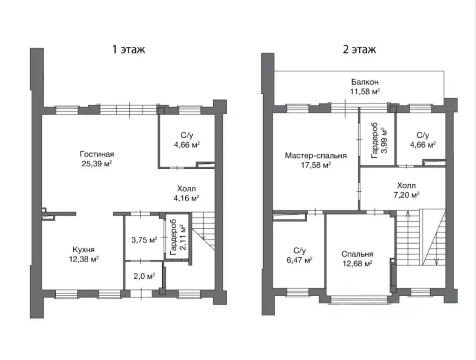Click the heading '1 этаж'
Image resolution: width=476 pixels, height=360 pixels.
pyautogui.click(x=128, y=49)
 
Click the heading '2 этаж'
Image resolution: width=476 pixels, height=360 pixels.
pyautogui.click(x=359, y=49)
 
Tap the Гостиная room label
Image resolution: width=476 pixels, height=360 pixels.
pyautogui.click(x=97, y=154)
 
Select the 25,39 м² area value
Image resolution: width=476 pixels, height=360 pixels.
pyautogui.click(x=97, y=164)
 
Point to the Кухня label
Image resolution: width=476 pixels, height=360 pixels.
pyautogui.click(x=83, y=249)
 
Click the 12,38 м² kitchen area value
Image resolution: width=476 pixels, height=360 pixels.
pyautogui.click(x=83, y=259)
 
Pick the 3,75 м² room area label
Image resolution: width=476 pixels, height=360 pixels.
pyautogui.click(x=144, y=240)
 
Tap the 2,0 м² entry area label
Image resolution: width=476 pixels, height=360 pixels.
pyautogui.click(x=144, y=276)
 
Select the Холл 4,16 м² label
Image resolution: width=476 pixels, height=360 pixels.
pyautogui.click(x=186, y=193)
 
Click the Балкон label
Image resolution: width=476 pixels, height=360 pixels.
pyautogui.click(x=365, y=82)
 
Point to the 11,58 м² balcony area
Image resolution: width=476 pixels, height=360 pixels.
pyautogui.click(x=365, y=91)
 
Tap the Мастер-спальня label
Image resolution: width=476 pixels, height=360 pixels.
pyautogui.click(x=316, y=156)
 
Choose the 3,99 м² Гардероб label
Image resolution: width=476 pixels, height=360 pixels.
pyautogui.click(x=379, y=140)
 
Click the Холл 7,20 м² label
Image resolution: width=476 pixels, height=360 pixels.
pyautogui.click(x=407, y=190)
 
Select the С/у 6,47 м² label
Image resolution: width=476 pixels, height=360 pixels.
pyautogui.click(x=300, y=255)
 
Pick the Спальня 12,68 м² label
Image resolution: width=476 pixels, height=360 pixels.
pyautogui.click(x=357, y=259)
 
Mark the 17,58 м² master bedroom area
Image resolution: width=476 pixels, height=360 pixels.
pyautogui.click(x=316, y=165)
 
